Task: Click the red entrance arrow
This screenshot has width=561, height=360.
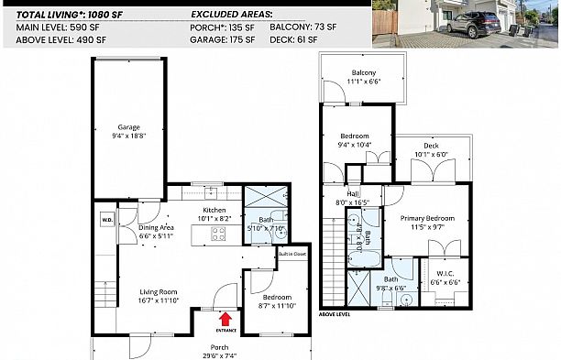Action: coord(225,318)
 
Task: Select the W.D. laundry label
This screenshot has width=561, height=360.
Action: coord(106,219)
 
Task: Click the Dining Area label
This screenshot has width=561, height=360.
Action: coord(157,227)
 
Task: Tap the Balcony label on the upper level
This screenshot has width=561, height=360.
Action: coord(363,72)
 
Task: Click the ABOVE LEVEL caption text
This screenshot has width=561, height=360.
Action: coord(335,313)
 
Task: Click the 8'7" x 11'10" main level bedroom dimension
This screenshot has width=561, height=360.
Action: coord(277,307)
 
